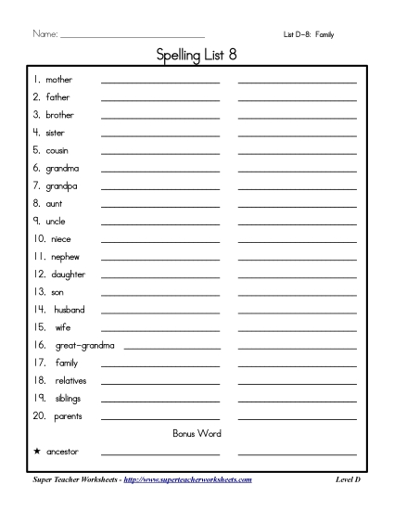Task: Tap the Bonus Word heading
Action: pos(197,433)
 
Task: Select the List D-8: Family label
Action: pos(309,34)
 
